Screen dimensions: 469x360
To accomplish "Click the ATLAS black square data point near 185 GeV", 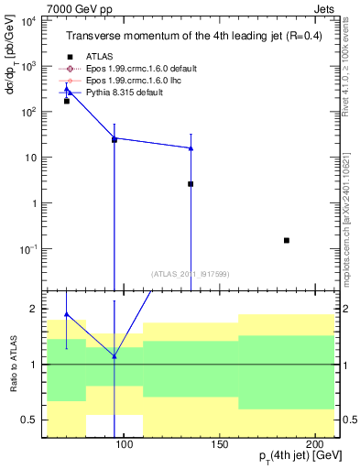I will click(287, 240).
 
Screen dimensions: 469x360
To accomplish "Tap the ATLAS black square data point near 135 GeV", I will click(191, 184).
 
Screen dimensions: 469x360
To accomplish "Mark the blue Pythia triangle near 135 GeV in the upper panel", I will click(191, 147).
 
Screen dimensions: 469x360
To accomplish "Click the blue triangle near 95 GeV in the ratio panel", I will click(115, 355).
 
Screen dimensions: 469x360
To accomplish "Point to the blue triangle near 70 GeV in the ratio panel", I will click(66, 314).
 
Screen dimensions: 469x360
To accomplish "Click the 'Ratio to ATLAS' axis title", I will click(13, 365).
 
